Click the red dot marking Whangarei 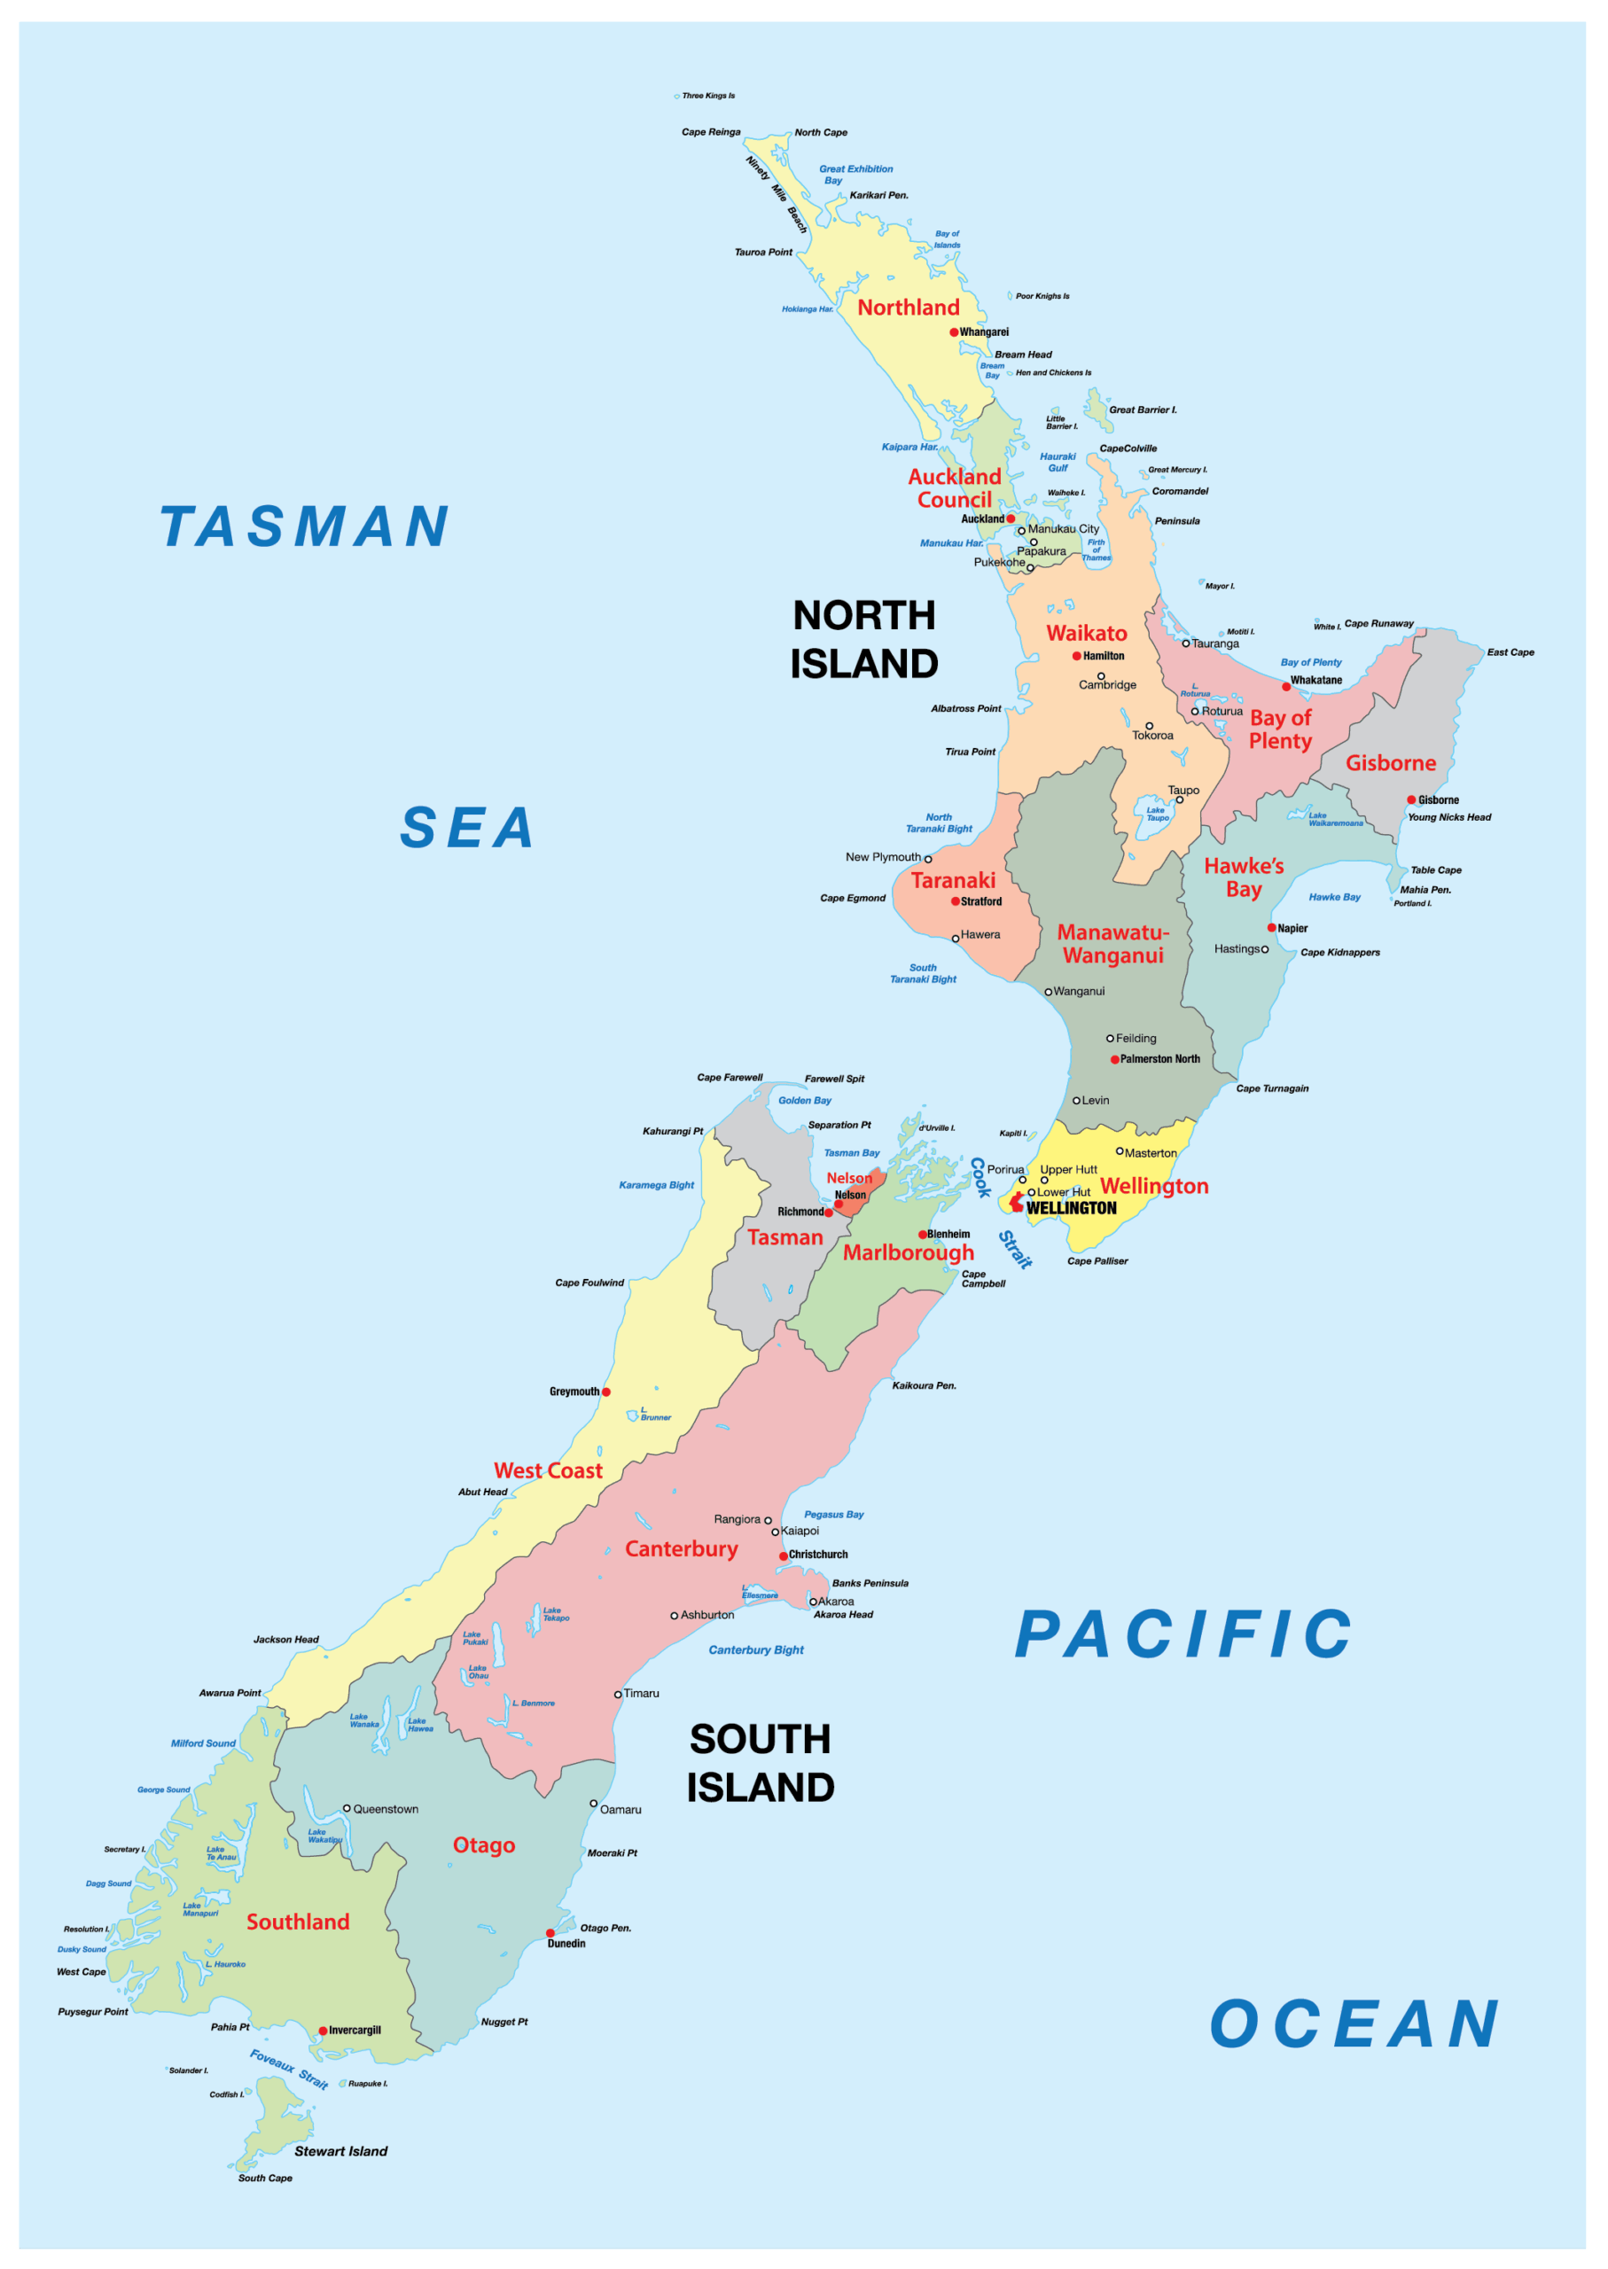point(954,332)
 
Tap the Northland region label point(908,308)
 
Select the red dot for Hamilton point(1076,657)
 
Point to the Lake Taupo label point(1157,814)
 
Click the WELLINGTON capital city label point(1072,1209)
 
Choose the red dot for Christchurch point(784,1556)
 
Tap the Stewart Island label point(340,2151)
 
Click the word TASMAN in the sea point(305,526)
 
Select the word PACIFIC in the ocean point(1183,1634)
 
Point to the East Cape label point(1510,652)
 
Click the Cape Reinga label point(710,133)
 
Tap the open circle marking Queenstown point(347,1809)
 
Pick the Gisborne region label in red point(1390,763)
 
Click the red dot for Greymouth point(606,1392)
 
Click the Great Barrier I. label point(1143,409)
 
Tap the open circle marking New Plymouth point(928,859)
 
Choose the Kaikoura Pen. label point(924,1386)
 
